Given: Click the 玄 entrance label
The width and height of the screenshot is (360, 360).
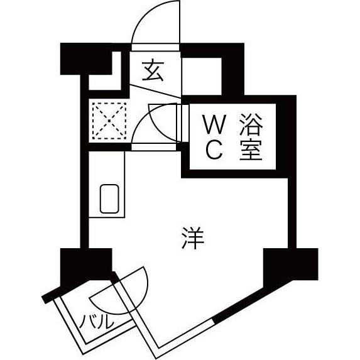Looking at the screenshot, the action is coord(153,71).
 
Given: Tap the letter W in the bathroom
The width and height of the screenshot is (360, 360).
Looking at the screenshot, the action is coord(214,124).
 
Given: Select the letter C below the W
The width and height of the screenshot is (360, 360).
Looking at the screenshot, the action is coord(214,150).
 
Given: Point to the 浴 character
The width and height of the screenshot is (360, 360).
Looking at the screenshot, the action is coord(251,124).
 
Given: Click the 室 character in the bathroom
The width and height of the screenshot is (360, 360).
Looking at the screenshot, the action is coord(251,150).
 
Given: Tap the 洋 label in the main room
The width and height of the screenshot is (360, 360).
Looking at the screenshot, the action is coord(192,238).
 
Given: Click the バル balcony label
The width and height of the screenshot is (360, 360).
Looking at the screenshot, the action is coord(96,322).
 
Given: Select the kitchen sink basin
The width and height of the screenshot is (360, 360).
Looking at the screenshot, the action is coord(109,199).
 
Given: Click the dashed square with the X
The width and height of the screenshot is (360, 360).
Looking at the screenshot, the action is coord(109,121).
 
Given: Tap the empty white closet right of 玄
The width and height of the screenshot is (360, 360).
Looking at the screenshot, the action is coord(202,76).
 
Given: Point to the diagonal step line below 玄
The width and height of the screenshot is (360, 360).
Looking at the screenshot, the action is coord(155,91).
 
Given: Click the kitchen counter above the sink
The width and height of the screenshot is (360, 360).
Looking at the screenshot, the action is coord(107,168).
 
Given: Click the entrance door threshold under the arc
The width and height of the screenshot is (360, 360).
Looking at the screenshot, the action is coord(155,47).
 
